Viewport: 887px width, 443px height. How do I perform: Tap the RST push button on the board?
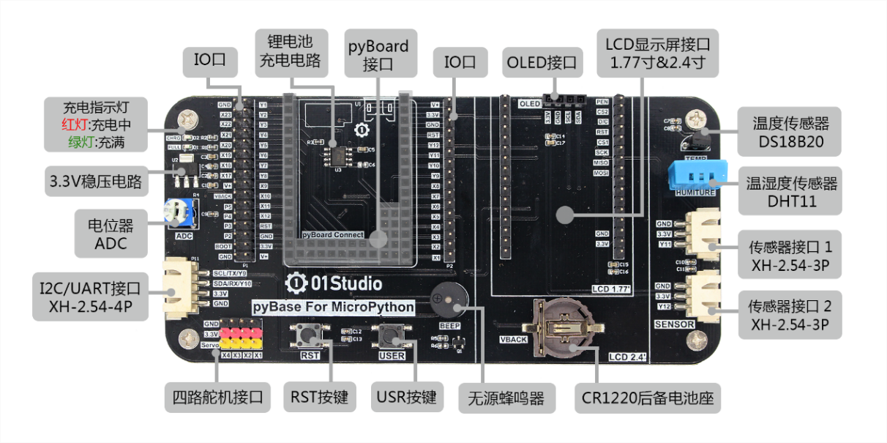click(x=309, y=337)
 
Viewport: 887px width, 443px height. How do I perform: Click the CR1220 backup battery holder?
click(x=561, y=330)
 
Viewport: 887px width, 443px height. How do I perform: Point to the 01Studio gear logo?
click(x=296, y=282)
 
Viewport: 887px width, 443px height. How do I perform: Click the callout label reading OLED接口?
click(x=542, y=63)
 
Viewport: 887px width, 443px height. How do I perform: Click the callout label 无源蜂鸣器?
click(x=506, y=399)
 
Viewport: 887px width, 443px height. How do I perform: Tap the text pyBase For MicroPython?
click(x=333, y=307)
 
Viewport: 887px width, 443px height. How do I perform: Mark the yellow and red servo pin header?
click(x=237, y=337)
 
